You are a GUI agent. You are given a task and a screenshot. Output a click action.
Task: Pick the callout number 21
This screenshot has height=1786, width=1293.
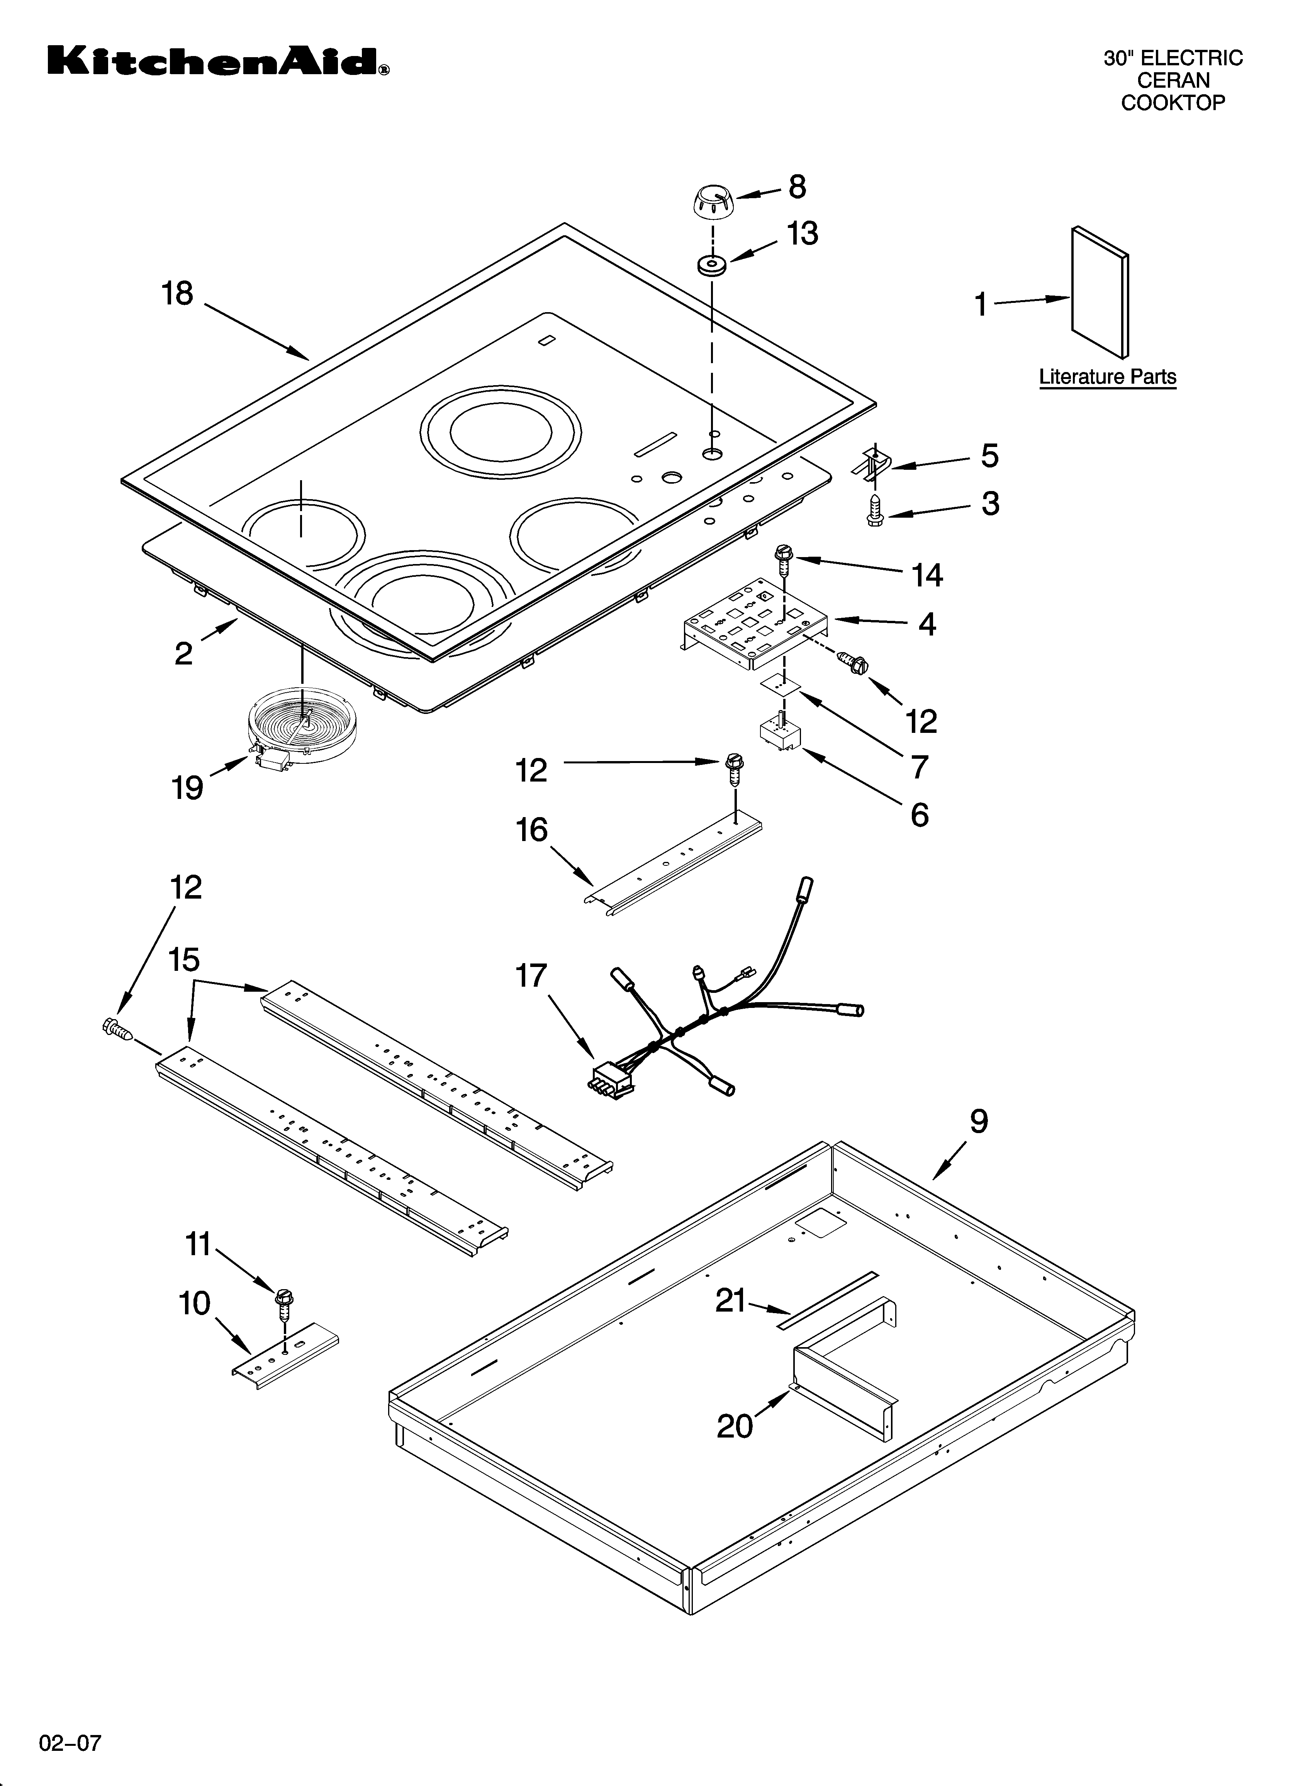[x=730, y=1301]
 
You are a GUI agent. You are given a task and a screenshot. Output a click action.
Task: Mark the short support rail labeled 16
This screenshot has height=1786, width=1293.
[x=675, y=864]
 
